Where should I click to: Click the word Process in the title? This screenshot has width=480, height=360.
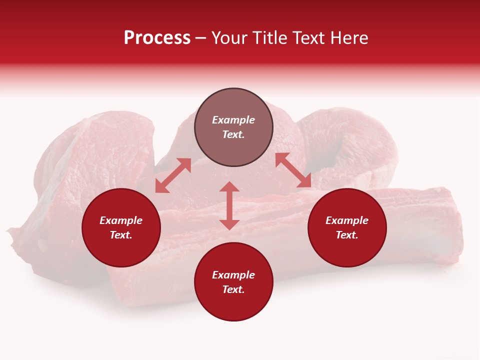(x=157, y=38)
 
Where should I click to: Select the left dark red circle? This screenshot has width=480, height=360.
(x=121, y=227)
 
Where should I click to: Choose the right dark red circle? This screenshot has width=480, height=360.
(x=347, y=227)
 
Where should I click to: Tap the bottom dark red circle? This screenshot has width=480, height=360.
(x=233, y=281)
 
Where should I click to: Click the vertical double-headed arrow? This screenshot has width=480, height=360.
(x=229, y=205)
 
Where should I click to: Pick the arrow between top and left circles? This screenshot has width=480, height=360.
(x=173, y=175)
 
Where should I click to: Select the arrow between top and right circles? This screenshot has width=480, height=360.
(x=293, y=170)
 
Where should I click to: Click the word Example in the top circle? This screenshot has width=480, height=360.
(x=233, y=120)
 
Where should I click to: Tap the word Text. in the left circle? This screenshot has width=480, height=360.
(x=121, y=235)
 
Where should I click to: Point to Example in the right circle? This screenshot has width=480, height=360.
(x=347, y=220)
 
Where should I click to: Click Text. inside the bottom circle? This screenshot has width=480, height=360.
(x=233, y=289)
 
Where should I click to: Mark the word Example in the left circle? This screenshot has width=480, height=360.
(x=121, y=220)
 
